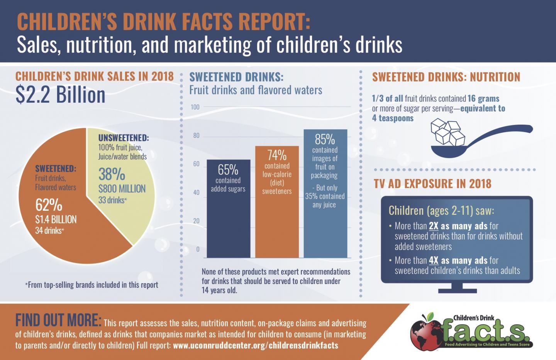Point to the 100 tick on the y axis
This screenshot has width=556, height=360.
195,107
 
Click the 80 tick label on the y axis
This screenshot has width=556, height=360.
196,135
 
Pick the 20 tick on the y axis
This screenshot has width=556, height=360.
196,221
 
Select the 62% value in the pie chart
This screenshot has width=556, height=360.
49,205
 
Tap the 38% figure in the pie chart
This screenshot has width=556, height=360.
112,174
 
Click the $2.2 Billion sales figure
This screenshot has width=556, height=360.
61,95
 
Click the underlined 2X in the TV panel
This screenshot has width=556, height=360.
433,226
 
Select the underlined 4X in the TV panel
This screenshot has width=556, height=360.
433,260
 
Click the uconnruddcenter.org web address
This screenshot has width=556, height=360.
256,345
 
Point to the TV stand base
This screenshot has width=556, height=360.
457,290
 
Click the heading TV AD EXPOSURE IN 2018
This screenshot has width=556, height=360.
432,184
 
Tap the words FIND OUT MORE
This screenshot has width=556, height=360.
58,320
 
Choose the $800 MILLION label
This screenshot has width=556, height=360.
122,189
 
